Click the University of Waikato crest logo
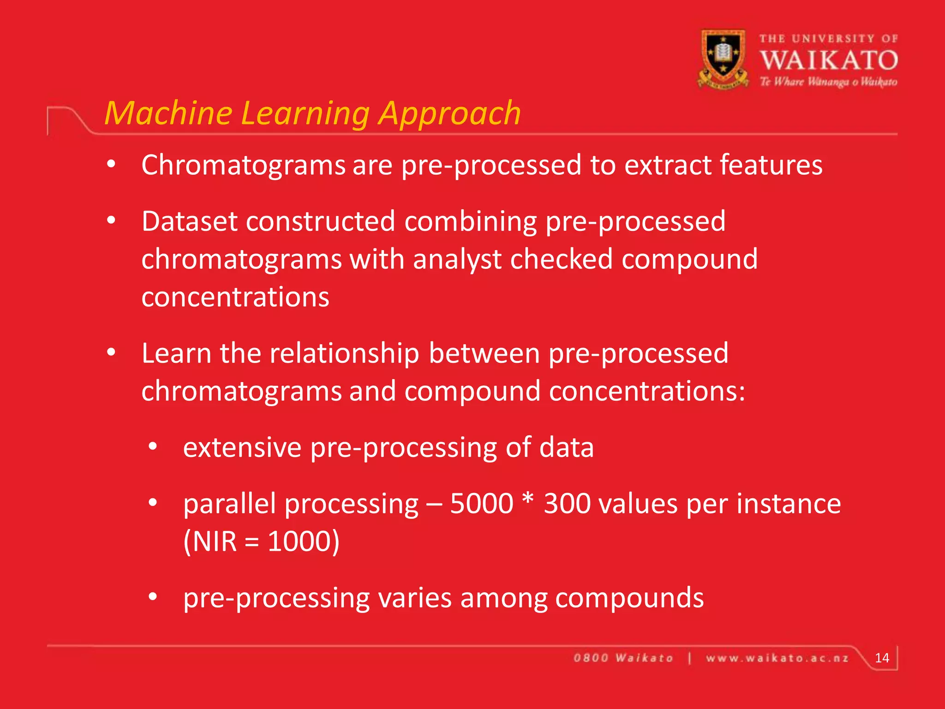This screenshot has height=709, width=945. pos(723,59)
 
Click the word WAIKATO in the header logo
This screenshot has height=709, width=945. pos(828,60)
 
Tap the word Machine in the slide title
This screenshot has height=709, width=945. pos(169,113)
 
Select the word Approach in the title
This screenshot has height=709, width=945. pos(449,113)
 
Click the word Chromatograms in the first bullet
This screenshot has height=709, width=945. pos(243,165)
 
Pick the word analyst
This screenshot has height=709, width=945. pos(457,259)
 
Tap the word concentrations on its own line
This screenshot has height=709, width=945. pos(235,297)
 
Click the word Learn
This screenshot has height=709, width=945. pos(176,354)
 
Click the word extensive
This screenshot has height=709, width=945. pos(242,448)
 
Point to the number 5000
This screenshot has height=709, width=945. pos(481,504)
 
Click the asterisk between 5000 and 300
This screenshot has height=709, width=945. pos(528,499)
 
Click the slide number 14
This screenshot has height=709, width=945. pos(882,658)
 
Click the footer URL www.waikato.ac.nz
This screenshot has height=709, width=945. pos(777,658)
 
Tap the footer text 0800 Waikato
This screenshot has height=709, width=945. pos(623,658)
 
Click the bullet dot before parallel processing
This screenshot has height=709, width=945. pos(153,502)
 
